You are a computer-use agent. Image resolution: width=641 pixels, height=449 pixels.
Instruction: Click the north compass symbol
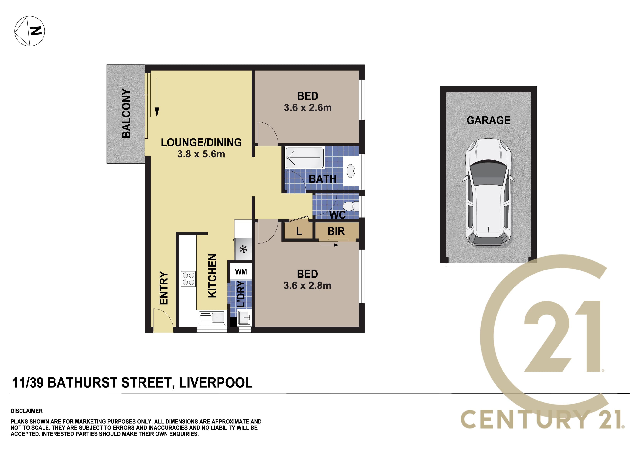[30, 31]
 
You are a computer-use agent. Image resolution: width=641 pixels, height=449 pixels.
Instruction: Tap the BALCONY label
[126, 113]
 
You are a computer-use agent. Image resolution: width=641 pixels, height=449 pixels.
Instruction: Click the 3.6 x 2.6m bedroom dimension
[308, 107]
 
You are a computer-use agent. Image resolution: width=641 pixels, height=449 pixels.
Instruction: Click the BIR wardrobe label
[336, 231]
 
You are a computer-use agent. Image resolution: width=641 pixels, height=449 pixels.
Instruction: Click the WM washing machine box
[241, 272]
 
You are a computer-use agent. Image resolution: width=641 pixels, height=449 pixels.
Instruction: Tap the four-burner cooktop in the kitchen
[188, 279]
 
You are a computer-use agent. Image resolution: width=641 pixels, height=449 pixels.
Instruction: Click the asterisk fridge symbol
[243, 249]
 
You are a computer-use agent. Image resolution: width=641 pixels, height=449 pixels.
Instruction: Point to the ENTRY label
[164, 288]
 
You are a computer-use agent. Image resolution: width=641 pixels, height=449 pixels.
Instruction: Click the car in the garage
[488, 192]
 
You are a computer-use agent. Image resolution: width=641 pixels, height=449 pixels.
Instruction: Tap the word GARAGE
[489, 120]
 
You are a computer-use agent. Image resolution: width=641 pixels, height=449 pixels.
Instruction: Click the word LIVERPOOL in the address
[216, 383]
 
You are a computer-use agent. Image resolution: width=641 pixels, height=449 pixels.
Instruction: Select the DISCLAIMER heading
[26, 411]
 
